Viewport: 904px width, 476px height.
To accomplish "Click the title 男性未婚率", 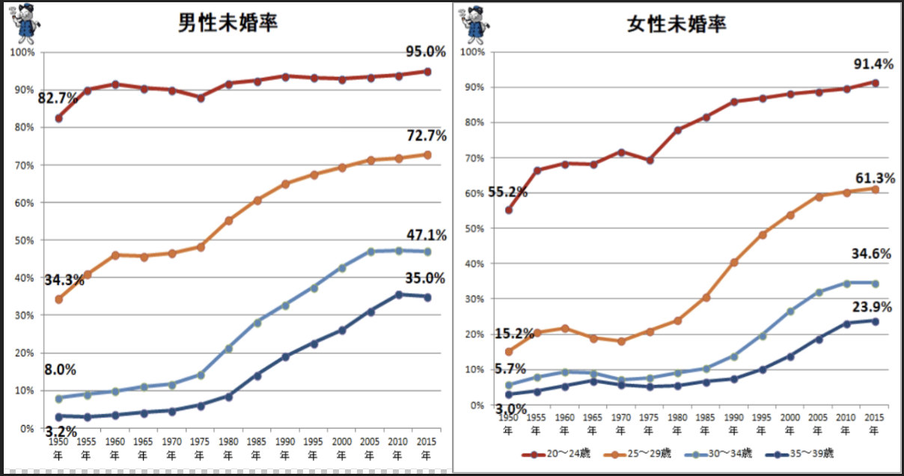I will pyautogui.click(x=227, y=22).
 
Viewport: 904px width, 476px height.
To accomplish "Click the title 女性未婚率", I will pyautogui.click(x=677, y=23).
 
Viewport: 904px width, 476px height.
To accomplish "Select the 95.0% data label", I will pyautogui.click(x=425, y=52).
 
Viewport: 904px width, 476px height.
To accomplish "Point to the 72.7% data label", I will pyautogui.click(x=426, y=135).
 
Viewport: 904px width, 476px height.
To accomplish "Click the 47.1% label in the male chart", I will pyautogui.click(x=426, y=235).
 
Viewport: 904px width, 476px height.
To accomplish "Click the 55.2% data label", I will pyautogui.click(x=507, y=192).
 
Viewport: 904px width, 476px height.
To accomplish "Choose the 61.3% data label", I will pyautogui.click(x=874, y=178).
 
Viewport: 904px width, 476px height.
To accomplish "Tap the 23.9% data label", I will pyautogui.click(x=873, y=306).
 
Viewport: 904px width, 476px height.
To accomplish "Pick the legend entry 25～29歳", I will pyautogui.click(x=645, y=454).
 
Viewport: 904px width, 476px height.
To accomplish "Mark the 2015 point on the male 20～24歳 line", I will pyautogui.click(x=427, y=72).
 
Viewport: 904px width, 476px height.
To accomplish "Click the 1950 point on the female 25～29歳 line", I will pyautogui.click(x=509, y=352).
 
